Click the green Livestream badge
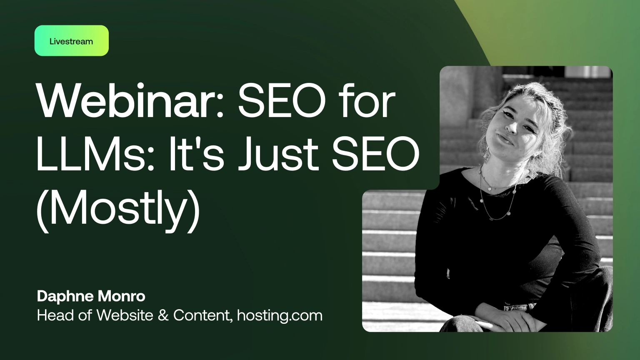pos(71,41)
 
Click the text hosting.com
pos(280,315)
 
